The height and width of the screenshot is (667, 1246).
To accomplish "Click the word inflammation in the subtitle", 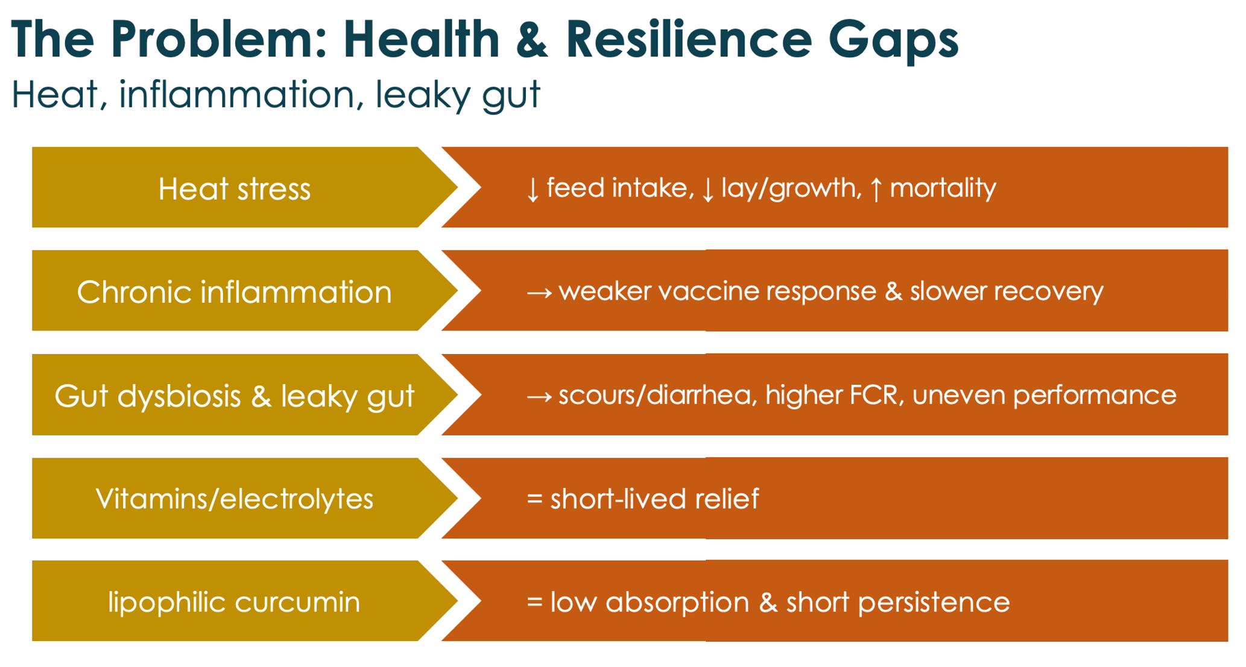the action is point(236,95).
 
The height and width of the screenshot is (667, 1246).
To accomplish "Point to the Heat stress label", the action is point(235,189).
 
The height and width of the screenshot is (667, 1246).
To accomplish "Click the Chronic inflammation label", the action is point(235,292).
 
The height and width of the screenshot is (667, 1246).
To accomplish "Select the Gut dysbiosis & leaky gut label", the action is point(235,396).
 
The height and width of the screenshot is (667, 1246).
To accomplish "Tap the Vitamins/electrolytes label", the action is point(235,499).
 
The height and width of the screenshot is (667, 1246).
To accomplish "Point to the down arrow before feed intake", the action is point(533,189).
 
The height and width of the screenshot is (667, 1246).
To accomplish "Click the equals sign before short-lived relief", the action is point(534,499).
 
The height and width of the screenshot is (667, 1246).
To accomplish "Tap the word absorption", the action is point(677,602).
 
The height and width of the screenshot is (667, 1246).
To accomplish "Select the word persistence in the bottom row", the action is point(934,602).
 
